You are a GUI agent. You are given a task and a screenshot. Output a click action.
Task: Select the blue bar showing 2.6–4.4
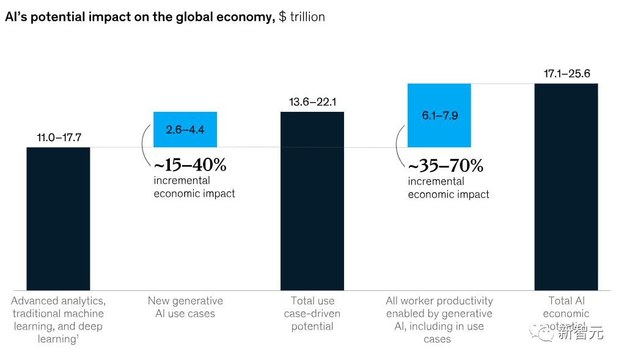click(x=185, y=130)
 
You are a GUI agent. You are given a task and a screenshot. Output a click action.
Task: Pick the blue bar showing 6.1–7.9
click(x=439, y=115)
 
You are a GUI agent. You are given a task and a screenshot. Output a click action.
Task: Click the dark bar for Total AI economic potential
click(x=566, y=186)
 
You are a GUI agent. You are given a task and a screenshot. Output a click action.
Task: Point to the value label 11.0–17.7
click(x=59, y=137)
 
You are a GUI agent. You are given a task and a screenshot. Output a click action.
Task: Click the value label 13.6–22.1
click(x=312, y=101)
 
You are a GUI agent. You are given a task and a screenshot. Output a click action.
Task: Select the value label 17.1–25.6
click(x=567, y=74)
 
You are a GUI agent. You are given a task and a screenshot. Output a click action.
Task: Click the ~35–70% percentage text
click(x=446, y=166)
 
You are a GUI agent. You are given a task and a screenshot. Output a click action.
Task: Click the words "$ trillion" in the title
click(x=302, y=17)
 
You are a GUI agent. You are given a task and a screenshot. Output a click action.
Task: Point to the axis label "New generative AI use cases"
click(x=185, y=307)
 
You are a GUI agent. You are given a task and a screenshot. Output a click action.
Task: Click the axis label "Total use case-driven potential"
click(x=312, y=314)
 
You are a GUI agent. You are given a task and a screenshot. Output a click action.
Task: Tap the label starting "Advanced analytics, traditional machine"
click(x=58, y=320)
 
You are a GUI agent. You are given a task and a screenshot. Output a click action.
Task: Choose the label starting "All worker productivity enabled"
click(x=439, y=320)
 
